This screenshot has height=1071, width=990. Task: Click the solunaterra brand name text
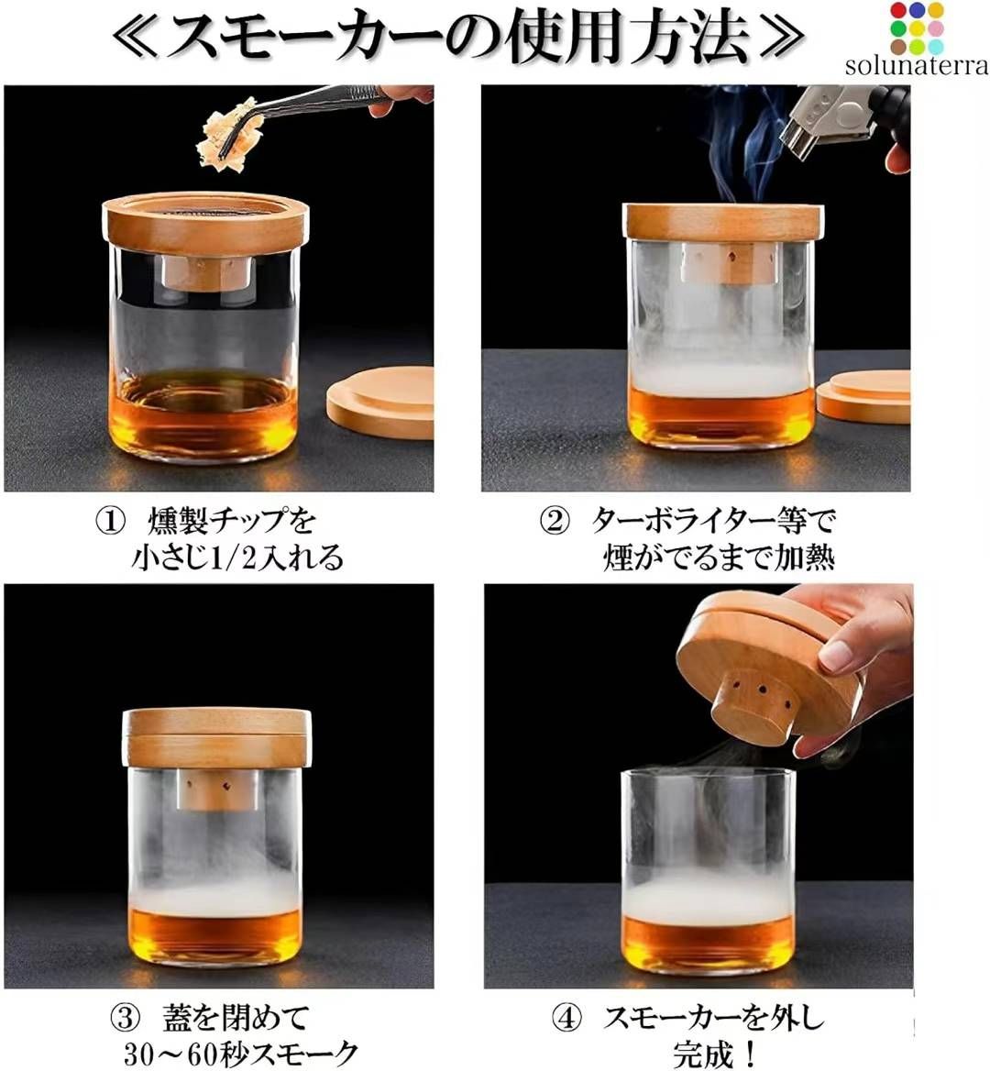(x=916, y=66)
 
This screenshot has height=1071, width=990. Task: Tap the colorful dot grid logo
(x=916, y=28)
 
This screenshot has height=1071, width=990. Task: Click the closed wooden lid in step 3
(x=216, y=736)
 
